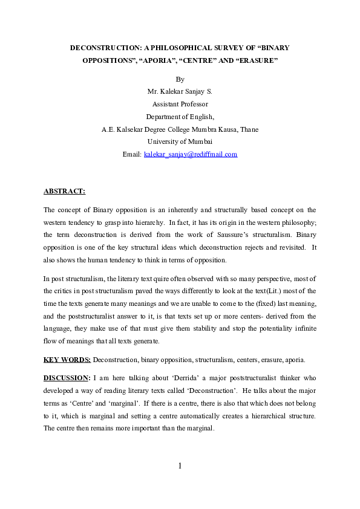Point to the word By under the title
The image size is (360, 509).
click(x=180, y=79)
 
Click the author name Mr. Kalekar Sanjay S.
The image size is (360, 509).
click(x=180, y=91)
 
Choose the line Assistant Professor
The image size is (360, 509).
click(x=180, y=104)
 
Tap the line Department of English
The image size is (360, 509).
click(x=180, y=117)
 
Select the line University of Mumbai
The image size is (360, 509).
click(x=180, y=141)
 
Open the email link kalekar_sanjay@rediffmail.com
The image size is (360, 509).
click(x=191, y=154)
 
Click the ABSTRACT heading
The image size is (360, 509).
click(x=64, y=192)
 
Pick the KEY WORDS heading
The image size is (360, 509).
click(x=67, y=360)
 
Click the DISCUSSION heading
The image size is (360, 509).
click(x=67, y=378)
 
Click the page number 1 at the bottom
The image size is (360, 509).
click(x=180, y=465)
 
